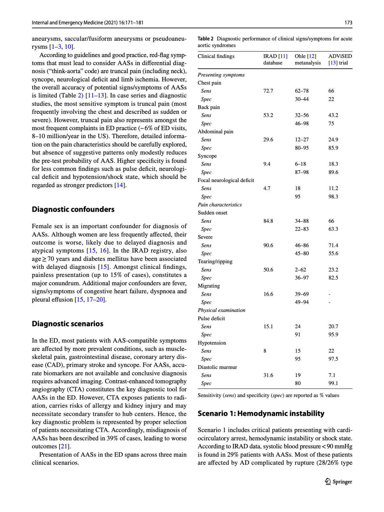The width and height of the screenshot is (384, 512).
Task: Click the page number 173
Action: (348, 22)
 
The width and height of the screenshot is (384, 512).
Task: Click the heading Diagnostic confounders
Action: (73, 209)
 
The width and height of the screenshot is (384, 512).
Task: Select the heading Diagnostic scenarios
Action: (68, 324)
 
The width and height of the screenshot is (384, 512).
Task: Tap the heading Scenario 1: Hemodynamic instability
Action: (261, 414)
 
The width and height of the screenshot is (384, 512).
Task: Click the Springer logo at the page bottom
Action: (339, 482)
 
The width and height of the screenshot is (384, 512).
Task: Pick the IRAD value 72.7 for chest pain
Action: (268, 91)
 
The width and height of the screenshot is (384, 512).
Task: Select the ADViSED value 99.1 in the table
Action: (333, 383)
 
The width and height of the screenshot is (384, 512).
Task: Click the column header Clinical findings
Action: (216, 56)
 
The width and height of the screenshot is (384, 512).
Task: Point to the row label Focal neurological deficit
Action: (226, 180)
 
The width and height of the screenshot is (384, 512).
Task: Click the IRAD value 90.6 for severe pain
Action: (268, 245)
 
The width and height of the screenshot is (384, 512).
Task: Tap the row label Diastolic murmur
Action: (217, 367)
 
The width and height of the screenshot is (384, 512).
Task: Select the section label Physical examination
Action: (221, 310)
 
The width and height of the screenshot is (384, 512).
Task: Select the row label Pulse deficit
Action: (211, 318)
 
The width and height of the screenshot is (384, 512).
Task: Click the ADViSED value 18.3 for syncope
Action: (333, 164)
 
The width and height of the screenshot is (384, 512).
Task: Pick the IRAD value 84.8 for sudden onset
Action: (268, 221)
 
